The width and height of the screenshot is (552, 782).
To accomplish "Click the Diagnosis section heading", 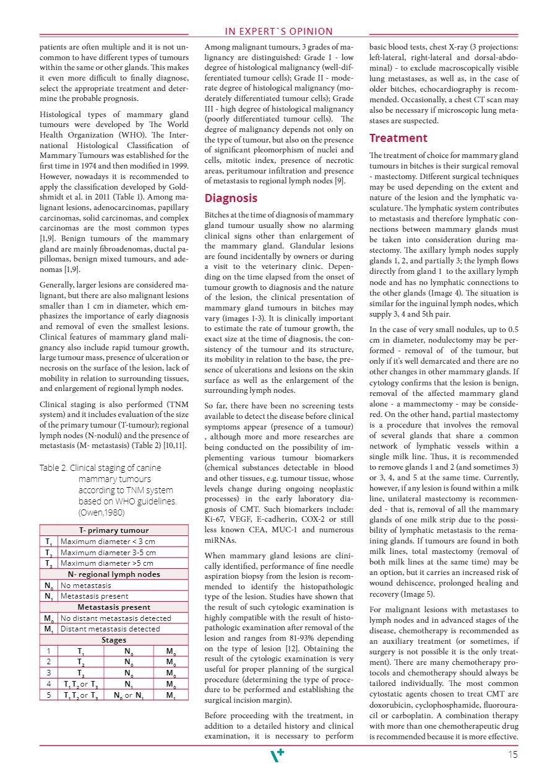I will (231, 198).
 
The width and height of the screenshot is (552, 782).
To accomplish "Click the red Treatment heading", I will (398, 138).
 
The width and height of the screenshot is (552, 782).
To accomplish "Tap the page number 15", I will (512, 755).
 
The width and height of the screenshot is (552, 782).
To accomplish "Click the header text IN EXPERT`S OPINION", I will (278, 32).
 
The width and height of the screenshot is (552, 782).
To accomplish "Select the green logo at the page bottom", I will (278, 755).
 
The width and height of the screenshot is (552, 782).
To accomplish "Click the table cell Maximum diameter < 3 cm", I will (116, 541).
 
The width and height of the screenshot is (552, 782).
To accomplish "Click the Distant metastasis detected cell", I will (110, 628).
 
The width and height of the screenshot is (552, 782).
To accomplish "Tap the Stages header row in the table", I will (114, 639).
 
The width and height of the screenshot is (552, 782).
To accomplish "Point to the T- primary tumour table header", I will (114, 530).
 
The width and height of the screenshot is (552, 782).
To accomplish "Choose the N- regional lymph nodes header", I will (114, 574).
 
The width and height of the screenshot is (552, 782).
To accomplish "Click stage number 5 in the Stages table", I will (48, 695).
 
